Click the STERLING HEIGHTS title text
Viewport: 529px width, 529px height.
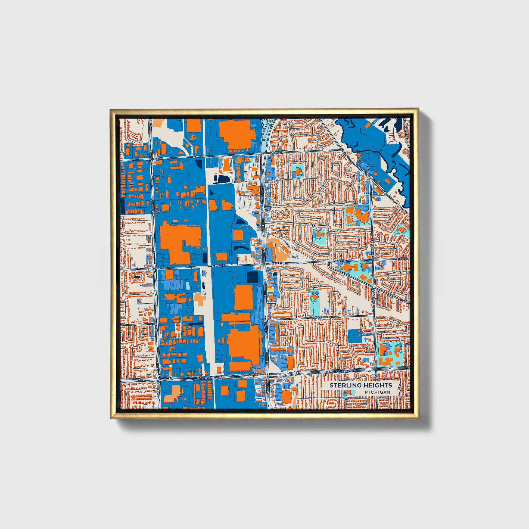click(361, 385)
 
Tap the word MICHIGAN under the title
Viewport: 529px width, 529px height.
click(377, 392)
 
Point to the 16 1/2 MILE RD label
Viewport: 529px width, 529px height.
click(323, 317)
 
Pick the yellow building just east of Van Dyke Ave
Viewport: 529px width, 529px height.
click(270, 290)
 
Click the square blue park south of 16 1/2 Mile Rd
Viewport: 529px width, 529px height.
click(354, 336)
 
